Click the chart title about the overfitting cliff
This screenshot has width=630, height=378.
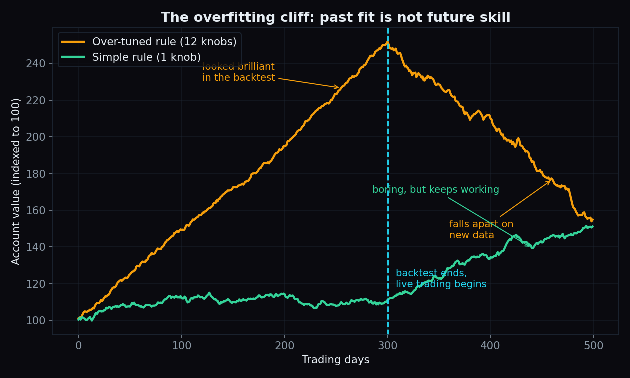[335, 17]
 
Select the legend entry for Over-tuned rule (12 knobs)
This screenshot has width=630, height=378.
[149, 42]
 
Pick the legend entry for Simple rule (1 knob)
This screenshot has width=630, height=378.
[131, 57]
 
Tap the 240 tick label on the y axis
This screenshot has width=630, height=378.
[35, 64]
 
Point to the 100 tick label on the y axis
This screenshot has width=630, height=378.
[35, 320]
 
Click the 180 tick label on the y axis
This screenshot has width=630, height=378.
[35, 174]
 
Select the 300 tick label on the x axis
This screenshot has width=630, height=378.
[388, 345]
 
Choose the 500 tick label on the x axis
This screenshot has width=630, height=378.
[593, 345]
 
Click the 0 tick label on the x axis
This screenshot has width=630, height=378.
[78, 345]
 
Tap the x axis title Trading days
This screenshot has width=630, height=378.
[335, 360]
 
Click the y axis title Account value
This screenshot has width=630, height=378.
[16, 181]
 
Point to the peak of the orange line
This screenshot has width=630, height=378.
[387, 42]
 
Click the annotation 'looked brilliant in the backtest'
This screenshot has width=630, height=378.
[239, 72]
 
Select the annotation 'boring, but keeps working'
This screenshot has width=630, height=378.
[436, 190]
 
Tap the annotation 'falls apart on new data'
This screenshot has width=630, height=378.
[481, 230]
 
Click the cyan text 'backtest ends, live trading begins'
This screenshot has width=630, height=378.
[441, 278]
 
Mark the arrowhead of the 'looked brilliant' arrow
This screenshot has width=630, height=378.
[338, 88]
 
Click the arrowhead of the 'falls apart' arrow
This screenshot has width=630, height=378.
[550, 181]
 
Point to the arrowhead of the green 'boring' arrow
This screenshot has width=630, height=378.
[530, 246]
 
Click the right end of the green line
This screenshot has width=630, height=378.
[593, 227]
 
